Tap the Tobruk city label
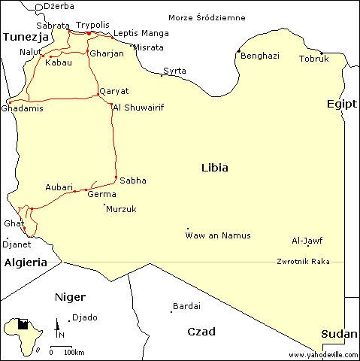(313, 59)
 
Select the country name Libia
(215, 168)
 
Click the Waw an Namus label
(218, 236)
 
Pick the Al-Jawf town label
(307, 241)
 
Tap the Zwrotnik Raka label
(304, 262)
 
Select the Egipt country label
(341, 104)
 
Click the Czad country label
(201, 332)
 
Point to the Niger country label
(70, 297)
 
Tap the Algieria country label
(26, 262)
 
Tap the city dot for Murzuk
(104, 205)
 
